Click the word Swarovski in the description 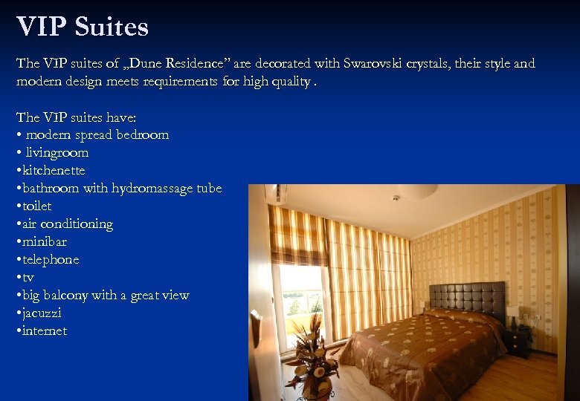pyautogui.click(x=376, y=64)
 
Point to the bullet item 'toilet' pyautogui.click(x=36, y=206)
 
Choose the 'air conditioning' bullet pyautogui.click(x=66, y=224)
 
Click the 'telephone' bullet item pyautogui.click(x=50, y=260)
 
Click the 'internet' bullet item pyautogui.click(x=44, y=331)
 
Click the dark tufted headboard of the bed pyautogui.click(x=467, y=296)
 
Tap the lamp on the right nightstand pyautogui.click(x=513, y=315)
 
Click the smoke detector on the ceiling pyautogui.click(x=396, y=198)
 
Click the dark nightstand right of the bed pyautogui.click(x=518, y=342)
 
